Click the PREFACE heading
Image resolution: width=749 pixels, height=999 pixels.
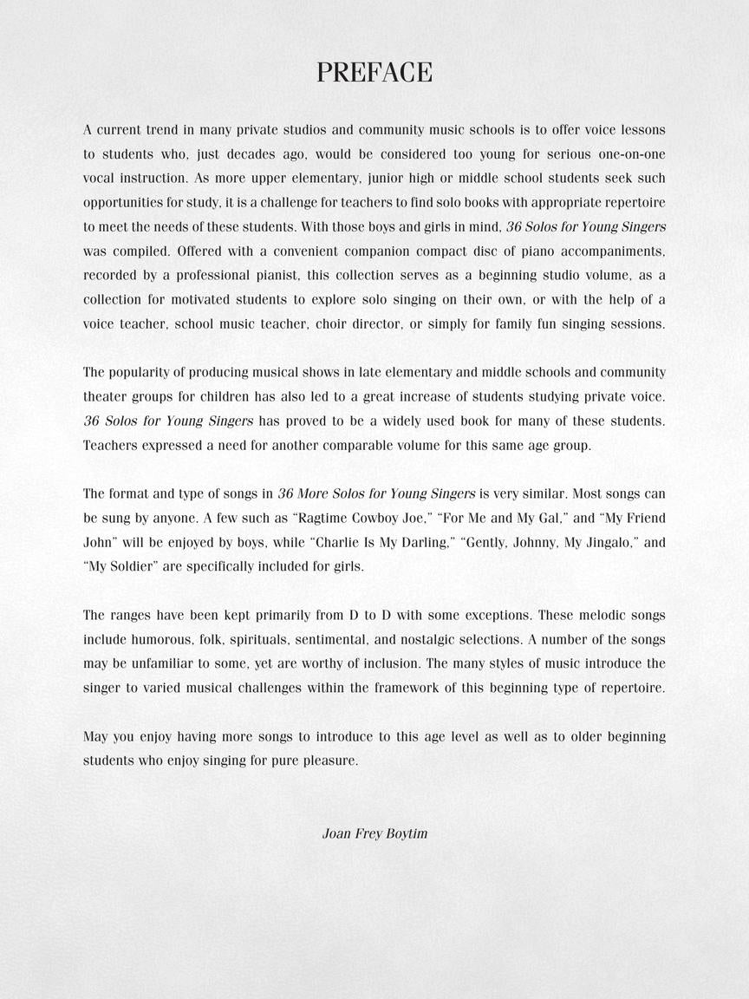coord(374,73)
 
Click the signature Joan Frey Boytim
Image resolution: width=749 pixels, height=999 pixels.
coord(374,833)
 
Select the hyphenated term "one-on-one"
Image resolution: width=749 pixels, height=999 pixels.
coord(631,154)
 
